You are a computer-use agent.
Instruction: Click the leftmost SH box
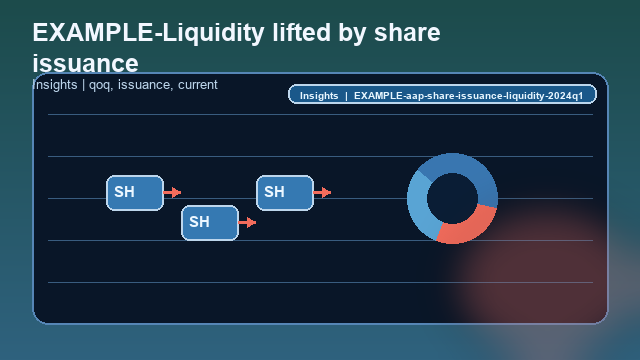pos(134,192)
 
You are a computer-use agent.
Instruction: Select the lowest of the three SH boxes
pos(209,222)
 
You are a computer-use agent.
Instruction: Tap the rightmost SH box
pos(284,192)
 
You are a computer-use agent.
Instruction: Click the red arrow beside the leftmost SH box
pos(172,192)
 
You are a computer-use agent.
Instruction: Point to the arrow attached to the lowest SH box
pos(247,222)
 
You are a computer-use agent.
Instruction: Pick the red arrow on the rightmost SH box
pos(322,192)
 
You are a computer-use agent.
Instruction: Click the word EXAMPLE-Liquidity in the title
pos(140,32)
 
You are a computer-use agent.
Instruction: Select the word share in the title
pos(408,32)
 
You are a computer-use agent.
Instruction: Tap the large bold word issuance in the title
pos(85,63)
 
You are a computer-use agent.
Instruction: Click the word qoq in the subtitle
pos(100,85)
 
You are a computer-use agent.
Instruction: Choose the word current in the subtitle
pos(198,85)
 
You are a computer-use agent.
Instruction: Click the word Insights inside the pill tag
pos(319,95)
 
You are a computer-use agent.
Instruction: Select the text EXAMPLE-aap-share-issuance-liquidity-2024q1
pos(468,95)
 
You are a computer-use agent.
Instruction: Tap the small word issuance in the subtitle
pos(144,85)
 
